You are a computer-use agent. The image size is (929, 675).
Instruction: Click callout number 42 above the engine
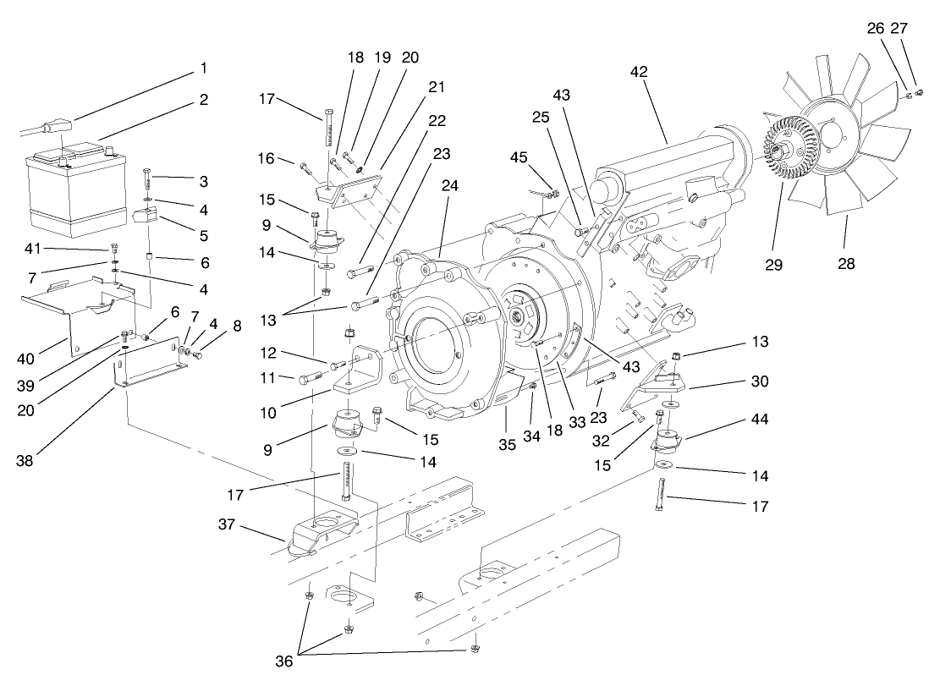638,73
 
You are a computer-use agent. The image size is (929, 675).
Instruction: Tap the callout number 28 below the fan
847,264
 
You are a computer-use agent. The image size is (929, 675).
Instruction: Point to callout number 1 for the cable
202,67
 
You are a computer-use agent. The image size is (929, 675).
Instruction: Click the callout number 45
519,156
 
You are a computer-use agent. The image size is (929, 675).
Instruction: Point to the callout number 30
759,381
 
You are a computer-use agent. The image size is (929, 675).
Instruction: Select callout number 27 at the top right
898,28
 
